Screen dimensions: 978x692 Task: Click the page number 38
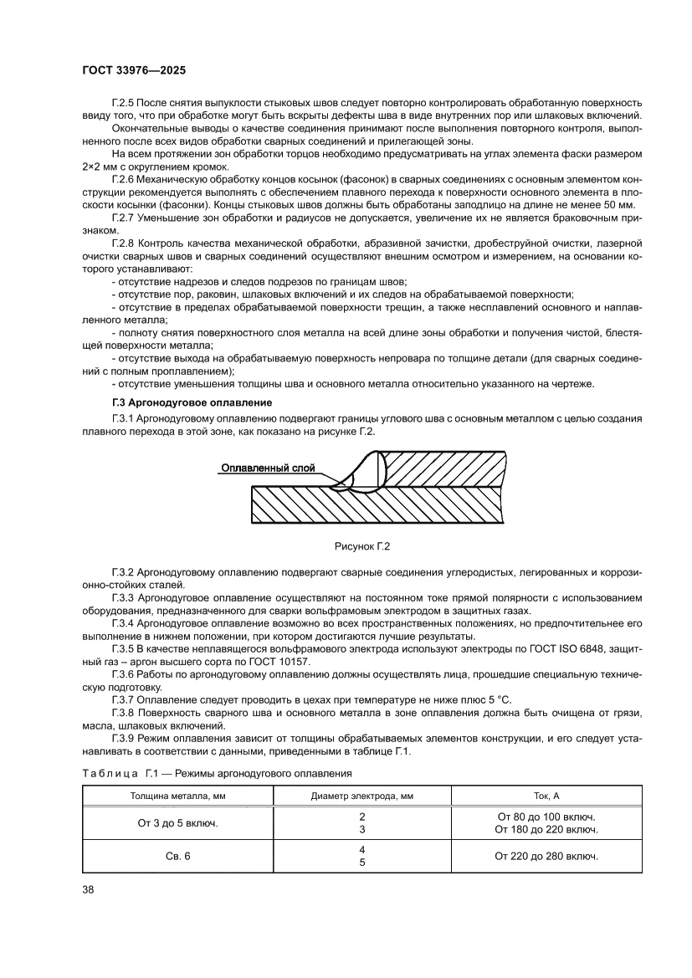tap(88, 888)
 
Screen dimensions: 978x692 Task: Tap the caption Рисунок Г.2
tap(363, 546)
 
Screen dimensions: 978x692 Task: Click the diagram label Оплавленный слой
tap(268, 469)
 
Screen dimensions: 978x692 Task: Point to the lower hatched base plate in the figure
tap(377, 506)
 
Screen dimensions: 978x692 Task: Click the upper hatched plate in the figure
tap(443, 469)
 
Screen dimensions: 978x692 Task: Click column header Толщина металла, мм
tap(177, 796)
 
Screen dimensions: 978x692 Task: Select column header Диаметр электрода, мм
tap(362, 796)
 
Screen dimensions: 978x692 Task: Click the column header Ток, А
tap(546, 796)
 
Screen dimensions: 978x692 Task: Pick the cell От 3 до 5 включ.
tap(177, 823)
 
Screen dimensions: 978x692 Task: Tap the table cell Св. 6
tap(177, 856)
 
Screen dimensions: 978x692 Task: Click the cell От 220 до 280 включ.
tap(546, 856)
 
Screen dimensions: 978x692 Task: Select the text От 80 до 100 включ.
tap(546, 817)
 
